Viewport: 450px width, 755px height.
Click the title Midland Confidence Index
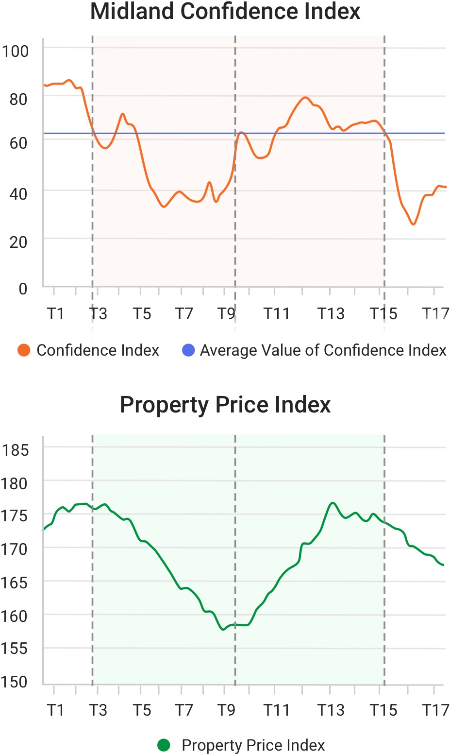coord(225,12)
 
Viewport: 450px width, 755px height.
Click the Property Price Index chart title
coord(225,405)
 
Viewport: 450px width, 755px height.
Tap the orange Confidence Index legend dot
coord(24,350)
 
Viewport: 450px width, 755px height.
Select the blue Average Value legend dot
coord(188,350)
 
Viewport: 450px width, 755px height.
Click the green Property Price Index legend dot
coord(164,745)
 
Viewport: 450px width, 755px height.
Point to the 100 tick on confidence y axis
coord(15,51)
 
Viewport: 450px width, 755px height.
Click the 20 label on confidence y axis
coord(18,241)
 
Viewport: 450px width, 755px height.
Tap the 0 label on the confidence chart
coord(23,289)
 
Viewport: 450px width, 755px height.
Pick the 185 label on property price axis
coord(15,450)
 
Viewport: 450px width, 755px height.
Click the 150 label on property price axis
coord(15,681)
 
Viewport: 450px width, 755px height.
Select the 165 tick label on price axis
coord(15,582)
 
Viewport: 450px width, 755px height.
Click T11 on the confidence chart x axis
coord(276,314)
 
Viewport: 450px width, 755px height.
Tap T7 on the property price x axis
coord(184,710)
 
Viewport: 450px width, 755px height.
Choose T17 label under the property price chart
coord(435,710)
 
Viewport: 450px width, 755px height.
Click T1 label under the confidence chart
coord(56,314)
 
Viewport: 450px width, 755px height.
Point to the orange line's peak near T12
coord(305,97)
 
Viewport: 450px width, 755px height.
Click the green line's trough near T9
coord(223,629)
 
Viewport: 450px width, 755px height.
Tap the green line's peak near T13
coord(333,503)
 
